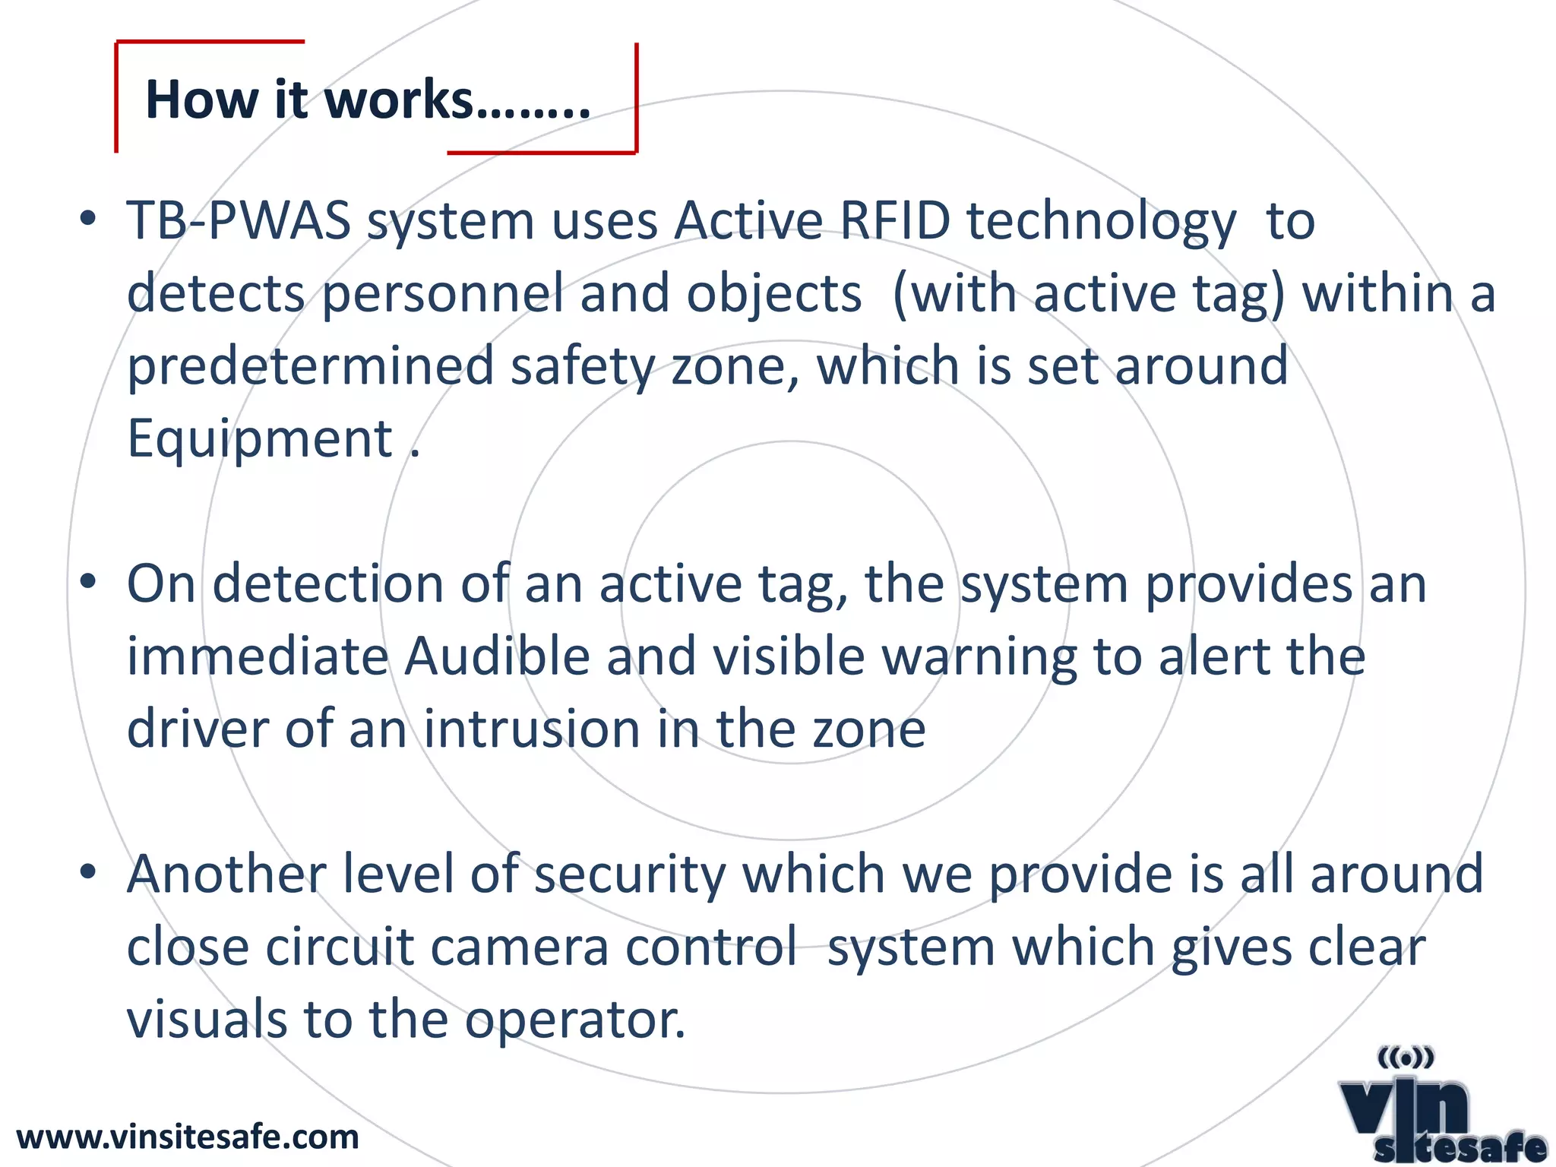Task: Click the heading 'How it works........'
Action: (x=368, y=100)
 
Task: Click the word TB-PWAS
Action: (x=239, y=221)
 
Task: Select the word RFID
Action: (x=895, y=221)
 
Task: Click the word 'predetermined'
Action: (x=310, y=366)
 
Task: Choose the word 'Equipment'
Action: (x=259, y=439)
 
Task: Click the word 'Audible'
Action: (x=496, y=656)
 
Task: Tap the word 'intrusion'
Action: (x=531, y=729)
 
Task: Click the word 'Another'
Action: (x=226, y=874)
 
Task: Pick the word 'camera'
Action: (x=520, y=947)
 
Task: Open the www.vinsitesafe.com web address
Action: (x=188, y=1137)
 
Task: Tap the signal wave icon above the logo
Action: (x=1405, y=1057)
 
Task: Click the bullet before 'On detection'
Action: (x=88, y=582)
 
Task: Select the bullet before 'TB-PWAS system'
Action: (x=88, y=219)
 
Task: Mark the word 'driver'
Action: (x=197, y=729)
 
